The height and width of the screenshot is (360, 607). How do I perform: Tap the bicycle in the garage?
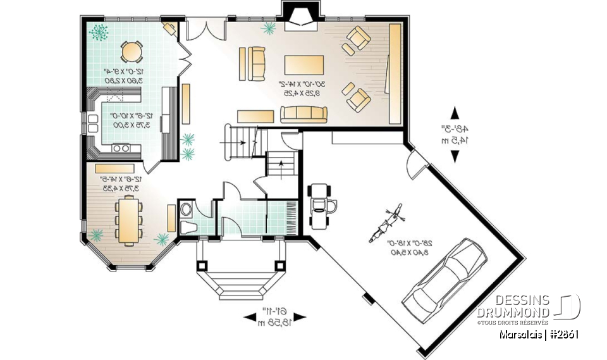tap(386, 221)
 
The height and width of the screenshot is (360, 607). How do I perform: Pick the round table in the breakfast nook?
tap(132, 50)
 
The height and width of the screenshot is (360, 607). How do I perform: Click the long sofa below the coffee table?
tap(304, 114)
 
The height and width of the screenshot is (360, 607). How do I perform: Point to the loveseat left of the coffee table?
tap(257, 63)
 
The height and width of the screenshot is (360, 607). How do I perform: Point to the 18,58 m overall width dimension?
tap(274, 323)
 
